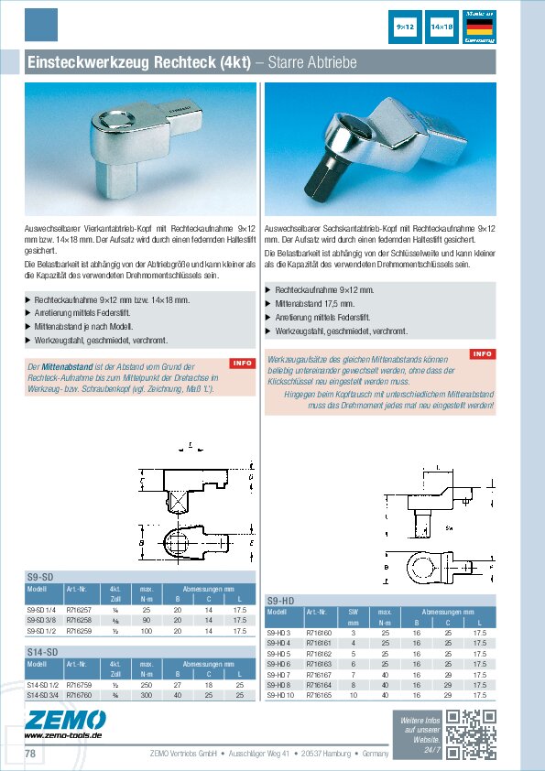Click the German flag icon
click(480, 27)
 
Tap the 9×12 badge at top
click(406, 28)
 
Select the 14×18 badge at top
click(442, 28)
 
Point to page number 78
click(30, 754)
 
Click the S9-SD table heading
click(39, 576)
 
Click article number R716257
click(80, 609)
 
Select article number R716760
click(80, 695)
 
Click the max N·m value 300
click(146, 695)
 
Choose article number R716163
click(319, 665)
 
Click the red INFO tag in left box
click(242, 364)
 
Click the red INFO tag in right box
click(482, 353)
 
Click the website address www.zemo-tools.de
click(63, 735)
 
